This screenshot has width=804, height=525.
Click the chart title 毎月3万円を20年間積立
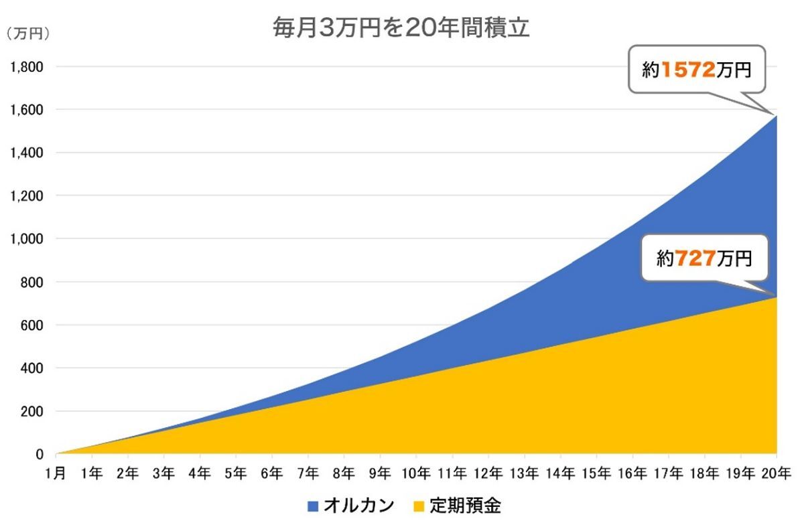[401, 27]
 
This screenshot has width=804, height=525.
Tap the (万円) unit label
[27, 33]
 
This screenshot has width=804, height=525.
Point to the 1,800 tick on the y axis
[27, 67]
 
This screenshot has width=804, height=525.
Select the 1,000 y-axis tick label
[27, 238]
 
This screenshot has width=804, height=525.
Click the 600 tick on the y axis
[31, 325]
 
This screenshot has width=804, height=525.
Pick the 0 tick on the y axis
[40, 454]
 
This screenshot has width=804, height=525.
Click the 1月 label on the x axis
[56, 473]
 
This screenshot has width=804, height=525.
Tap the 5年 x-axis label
[236, 473]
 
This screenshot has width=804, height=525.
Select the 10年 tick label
[416, 473]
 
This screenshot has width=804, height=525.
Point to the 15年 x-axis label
[596, 473]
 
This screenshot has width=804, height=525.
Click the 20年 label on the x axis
[777, 473]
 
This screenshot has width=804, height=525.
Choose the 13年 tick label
[524, 473]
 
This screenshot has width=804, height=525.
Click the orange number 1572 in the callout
[689, 69]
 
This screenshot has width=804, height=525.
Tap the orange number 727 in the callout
[695, 258]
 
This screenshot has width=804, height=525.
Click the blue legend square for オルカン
[313, 506]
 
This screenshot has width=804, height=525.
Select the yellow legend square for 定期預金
[419, 506]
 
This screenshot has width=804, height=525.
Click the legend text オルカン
[359, 506]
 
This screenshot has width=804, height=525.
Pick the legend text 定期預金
[465, 506]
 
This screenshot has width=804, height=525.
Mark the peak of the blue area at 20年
[777, 116]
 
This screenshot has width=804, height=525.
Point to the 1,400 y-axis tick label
[27, 153]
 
